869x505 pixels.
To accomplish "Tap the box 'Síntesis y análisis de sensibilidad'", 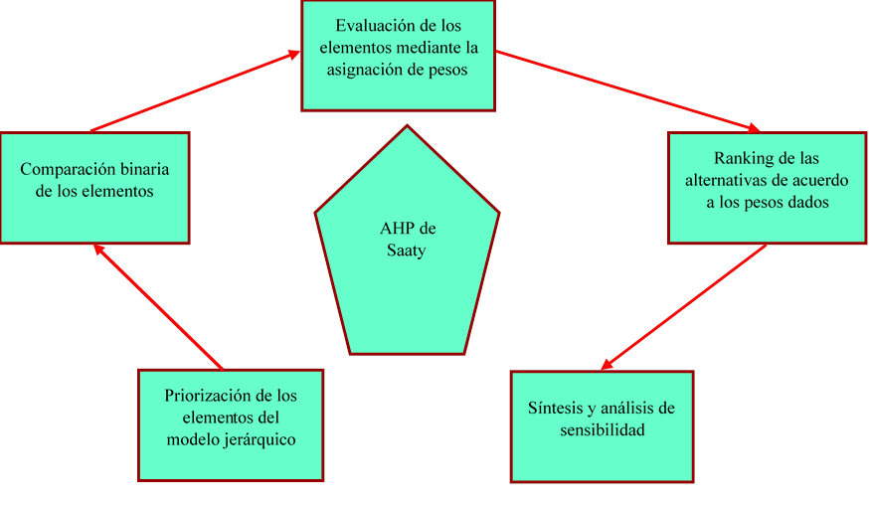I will pos(602,424).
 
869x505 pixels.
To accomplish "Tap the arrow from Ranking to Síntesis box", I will pos(684,306).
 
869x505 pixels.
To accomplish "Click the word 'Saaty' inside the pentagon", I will pos(406,251).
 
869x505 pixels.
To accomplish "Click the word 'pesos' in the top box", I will pos(445,70).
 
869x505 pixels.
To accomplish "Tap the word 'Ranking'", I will pos(741,158).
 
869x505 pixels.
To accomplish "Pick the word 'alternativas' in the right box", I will pos(727,180).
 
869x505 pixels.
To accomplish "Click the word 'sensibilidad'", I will pos(602,430).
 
